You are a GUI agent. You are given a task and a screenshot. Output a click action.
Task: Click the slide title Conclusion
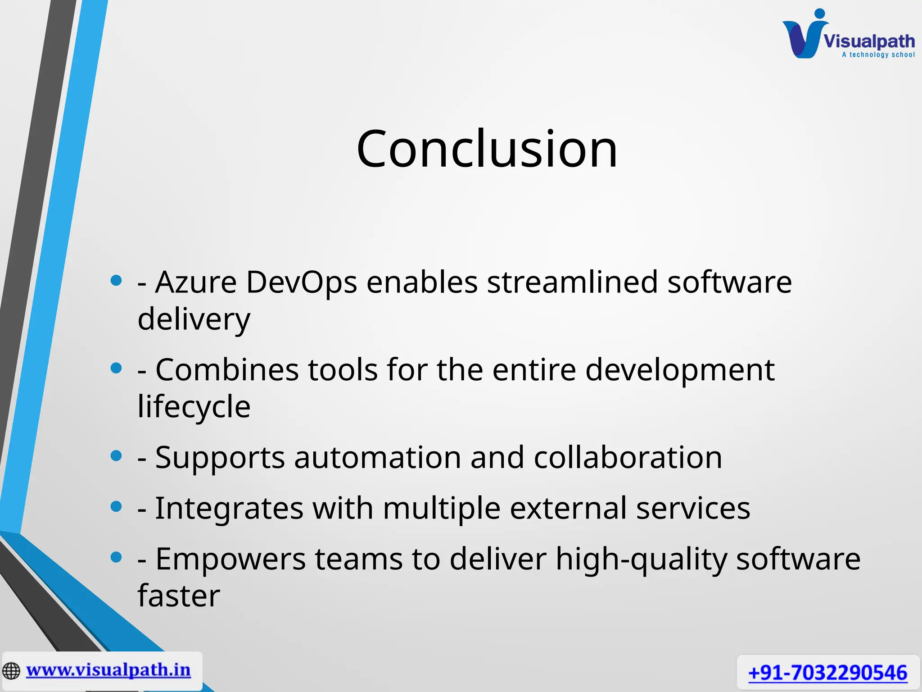[x=487, y=149]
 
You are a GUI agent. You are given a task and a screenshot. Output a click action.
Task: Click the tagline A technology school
[x=878, y=55]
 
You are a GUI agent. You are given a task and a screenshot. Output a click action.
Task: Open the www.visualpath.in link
[x=108, y=670]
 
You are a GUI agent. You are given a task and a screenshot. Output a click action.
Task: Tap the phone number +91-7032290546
[x=827, y=673]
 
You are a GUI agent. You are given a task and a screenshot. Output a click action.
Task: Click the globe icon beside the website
[x=11, y=671]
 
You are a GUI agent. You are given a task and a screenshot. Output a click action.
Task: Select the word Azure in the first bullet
[x=196, y=282]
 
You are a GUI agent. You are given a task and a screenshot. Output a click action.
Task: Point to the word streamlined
[x=572, y=282]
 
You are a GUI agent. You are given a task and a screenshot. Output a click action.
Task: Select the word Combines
[x=227, y=370]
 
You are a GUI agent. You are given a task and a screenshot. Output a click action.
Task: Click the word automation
[x=377, y=458]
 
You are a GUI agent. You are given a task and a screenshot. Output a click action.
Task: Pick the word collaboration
[x=628, y=458]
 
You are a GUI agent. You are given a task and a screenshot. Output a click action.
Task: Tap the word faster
[x=179, y=596]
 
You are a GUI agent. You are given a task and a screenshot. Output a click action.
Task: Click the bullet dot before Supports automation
[x=116, y=456]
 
